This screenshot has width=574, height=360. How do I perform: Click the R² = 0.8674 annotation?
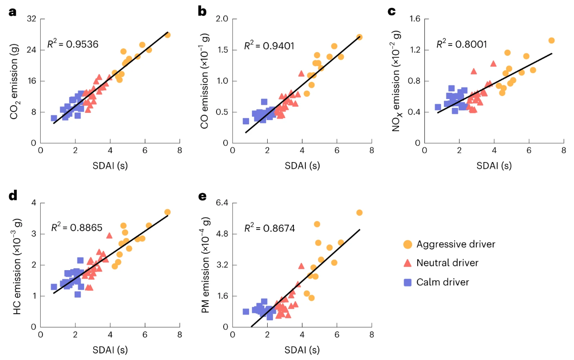click(270, 228)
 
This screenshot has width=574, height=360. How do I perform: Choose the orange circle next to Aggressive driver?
click(407, 244)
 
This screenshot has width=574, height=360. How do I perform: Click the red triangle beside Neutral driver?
click(407, 263)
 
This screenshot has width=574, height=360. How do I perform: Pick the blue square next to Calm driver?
click(407, 282)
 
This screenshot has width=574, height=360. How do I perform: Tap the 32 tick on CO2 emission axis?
click(31, 19)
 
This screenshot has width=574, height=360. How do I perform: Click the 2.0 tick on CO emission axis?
click(222, 19)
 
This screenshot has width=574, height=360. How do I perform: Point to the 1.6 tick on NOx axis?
click(414, 19)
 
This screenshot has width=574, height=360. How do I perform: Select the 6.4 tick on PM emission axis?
click(222, 203)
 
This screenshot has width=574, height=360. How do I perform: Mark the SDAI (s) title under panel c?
click(494, 165)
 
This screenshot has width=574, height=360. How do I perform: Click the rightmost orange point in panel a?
click(167, 35)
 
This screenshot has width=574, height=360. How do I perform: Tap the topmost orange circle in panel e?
click(359, 213)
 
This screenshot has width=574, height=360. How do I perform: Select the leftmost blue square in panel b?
click(246, 121)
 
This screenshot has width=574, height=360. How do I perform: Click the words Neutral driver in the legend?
click(447, 263)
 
